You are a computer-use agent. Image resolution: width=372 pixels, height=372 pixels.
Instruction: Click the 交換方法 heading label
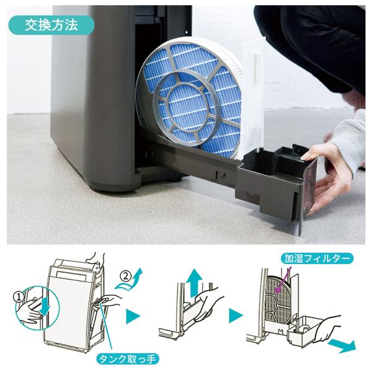51,25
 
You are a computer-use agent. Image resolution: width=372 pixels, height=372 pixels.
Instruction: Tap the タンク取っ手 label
127,359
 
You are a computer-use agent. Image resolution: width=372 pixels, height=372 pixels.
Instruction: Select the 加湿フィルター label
317,259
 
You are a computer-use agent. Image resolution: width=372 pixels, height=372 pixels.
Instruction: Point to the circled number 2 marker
126,277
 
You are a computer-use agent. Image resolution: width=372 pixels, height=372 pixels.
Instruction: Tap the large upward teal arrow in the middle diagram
194,283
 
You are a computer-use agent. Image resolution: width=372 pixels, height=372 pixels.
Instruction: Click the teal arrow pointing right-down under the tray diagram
342,345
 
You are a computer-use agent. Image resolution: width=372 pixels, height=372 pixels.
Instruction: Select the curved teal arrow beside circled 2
130,281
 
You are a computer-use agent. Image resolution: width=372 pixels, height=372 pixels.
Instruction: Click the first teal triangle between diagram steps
133,316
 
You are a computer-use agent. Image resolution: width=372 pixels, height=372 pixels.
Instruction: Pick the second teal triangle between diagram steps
236,316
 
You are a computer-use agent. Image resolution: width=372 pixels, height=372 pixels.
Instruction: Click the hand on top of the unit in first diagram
96,259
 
